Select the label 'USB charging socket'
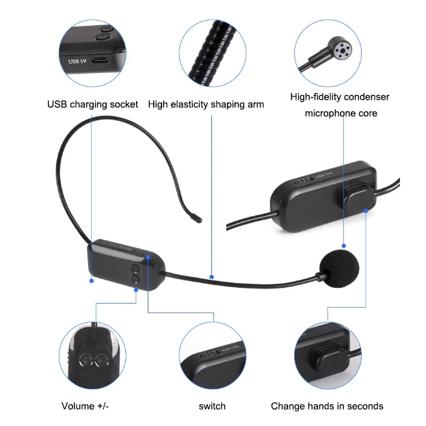[x=92, y=105]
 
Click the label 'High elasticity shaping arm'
[x=206, y=105]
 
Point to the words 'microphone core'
[x=341, y=114]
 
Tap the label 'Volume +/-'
[x=85, y=406]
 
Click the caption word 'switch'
[x=212, y=406]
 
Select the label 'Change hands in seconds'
[x=327, y=406]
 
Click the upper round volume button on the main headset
[x=136, y=268]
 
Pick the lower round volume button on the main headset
[x=136, y=279]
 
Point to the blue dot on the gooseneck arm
[x=212, y=277]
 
